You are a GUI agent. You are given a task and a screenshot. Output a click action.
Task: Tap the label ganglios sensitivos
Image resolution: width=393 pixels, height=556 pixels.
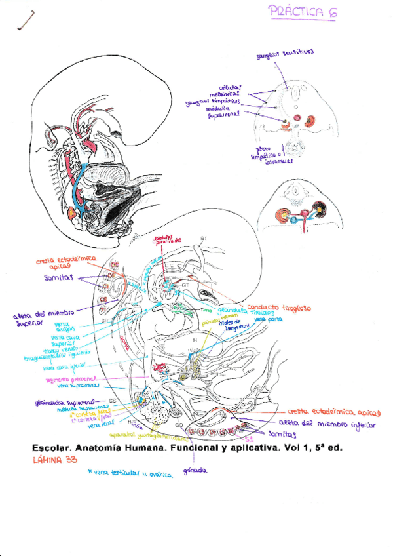pos(286,55)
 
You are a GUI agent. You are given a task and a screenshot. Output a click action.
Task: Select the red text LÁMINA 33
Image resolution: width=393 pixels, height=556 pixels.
pos(55,460)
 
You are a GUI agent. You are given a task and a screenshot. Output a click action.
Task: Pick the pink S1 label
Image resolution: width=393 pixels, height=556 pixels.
pos(248,438)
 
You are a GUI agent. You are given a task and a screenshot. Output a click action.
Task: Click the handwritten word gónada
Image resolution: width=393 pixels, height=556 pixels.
pos(195,470)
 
